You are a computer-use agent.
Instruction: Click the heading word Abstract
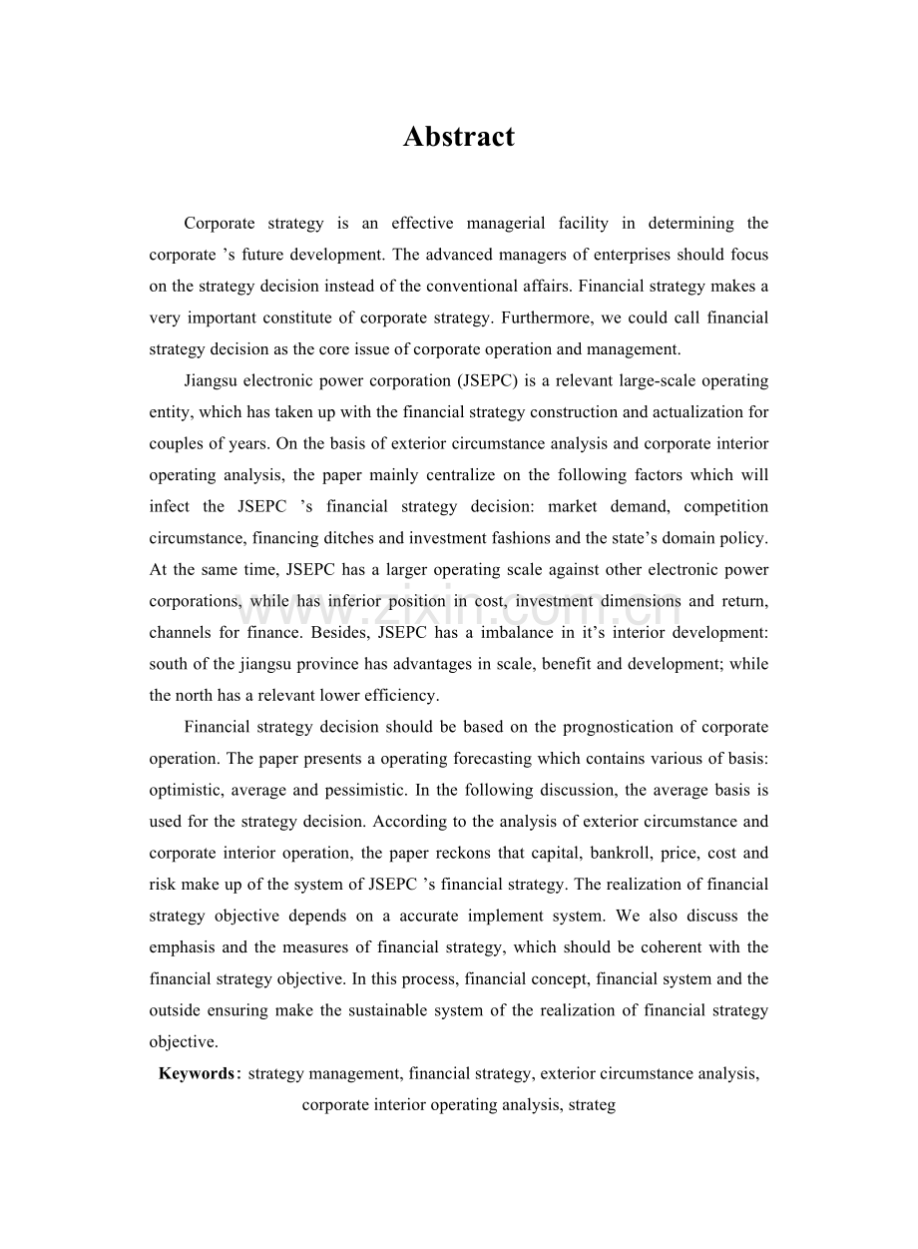(x=459, y=137)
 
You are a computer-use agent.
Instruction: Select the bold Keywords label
(x=197, y=1074)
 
